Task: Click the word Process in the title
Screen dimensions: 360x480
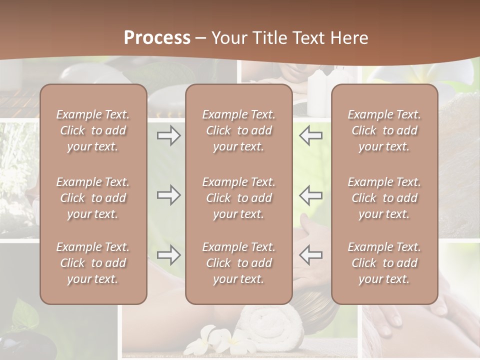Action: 157,37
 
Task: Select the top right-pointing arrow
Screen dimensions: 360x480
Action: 168,135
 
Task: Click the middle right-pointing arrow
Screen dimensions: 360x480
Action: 168,195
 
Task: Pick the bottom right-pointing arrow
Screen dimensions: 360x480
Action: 168,255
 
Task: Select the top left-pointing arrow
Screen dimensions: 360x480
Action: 310,135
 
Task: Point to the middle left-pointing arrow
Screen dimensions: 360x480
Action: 310,195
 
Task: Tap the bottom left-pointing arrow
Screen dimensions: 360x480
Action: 310,255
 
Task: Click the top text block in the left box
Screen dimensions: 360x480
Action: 93,130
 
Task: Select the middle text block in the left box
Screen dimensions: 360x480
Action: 93,198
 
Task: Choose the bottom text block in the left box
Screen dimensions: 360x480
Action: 93,263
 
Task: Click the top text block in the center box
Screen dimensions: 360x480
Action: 238,130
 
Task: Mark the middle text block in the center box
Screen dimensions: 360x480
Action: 238,198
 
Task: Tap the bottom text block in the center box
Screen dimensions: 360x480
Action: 238,263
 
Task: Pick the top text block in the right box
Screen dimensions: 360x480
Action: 384,130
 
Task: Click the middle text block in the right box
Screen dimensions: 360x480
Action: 384,198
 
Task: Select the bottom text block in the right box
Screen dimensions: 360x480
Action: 384,263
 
